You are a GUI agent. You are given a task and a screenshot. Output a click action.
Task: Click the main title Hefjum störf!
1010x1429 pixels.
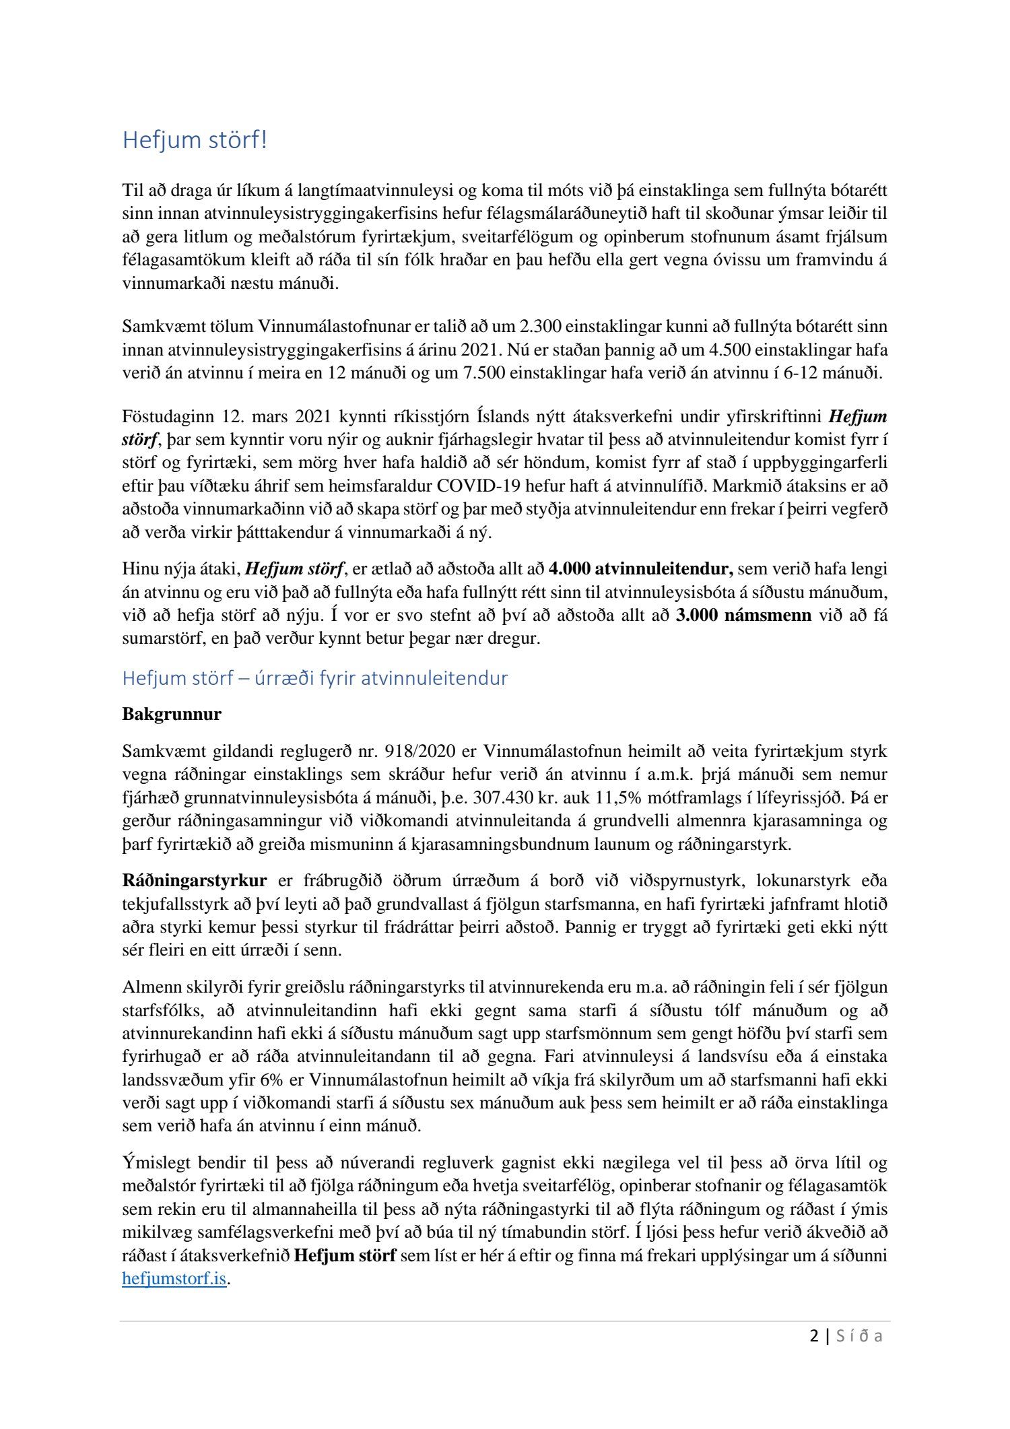pyautogui.click(x=195, y=141)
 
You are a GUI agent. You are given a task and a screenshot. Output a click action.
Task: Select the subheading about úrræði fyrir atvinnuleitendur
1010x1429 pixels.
pyautogui.click(x=314, y=677)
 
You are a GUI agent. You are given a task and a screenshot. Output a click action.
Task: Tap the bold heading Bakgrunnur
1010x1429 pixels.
pyautogui.click(x=172, y=714)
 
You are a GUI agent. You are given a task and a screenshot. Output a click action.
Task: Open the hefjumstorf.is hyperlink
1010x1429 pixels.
pyautogui.click(x=174, y=1279)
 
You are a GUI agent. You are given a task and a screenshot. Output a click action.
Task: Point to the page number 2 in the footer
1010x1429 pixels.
pyautogui.click(x=815, y=1336)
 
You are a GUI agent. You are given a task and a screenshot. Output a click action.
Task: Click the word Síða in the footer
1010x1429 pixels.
pyautogui.click(x=858, y=1336)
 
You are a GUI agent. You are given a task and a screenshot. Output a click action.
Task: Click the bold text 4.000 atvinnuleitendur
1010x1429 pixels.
pyautogui.click(x=641, y=569)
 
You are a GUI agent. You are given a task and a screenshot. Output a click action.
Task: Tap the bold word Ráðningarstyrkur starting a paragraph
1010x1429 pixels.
pyautogui.click(x=195, y=881)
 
